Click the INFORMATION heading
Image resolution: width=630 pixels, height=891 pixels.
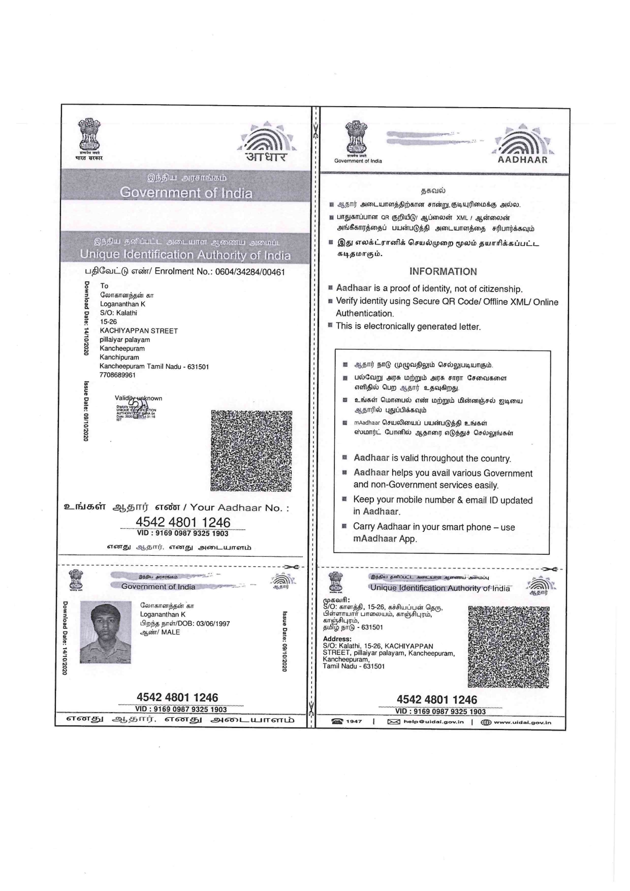[x=443, y=271]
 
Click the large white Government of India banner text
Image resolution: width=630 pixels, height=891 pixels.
[x=186, y=193]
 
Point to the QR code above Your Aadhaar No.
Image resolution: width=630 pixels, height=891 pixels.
[x=251, y=451]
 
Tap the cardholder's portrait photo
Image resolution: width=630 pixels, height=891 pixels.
[x=105, y=632]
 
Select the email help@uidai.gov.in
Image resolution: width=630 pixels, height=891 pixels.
[x=433, y=722]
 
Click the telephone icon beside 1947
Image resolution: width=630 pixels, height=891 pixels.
[x=336, y=722]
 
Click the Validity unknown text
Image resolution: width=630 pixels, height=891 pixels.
[x=139, y=398]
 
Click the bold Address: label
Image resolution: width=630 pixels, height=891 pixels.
[x=337, y=639]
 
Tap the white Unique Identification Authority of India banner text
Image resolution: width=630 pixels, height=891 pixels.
[x=186, y=254]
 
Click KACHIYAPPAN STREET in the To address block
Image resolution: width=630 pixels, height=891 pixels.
[x=139, y=331]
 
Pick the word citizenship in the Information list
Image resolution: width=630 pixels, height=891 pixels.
[x=496, y=289]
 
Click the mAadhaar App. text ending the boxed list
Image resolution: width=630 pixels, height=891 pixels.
[x=385, y=539]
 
